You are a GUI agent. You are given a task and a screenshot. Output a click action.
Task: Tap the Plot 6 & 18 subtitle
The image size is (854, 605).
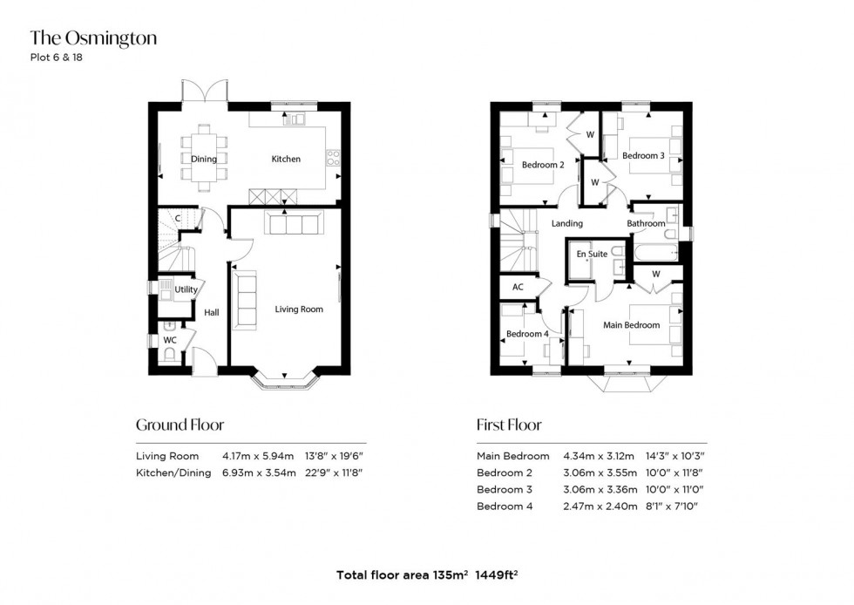click(57, 58)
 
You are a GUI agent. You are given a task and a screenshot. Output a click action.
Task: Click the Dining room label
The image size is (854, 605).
click(204, 160)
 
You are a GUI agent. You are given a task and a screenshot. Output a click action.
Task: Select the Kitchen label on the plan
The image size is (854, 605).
click(286, 160)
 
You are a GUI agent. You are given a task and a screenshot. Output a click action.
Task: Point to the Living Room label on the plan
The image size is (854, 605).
click(299, 309)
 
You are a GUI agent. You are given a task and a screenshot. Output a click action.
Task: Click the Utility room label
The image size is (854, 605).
click(186, 289)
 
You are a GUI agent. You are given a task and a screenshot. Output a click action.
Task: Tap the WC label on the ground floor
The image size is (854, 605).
click(170, 340)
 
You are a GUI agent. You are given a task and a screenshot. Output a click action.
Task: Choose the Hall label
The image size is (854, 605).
click(212, 312)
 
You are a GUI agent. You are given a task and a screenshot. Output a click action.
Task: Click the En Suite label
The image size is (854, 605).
click(592, 255)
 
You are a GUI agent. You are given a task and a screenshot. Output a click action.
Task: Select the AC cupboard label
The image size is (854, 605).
click(518, 286)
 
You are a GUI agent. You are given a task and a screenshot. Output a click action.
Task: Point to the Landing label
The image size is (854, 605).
click(567, 224)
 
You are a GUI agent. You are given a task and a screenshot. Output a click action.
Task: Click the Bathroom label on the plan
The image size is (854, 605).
click(646, 224)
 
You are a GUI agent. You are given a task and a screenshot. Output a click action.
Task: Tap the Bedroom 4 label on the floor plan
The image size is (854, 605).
click(528, 334)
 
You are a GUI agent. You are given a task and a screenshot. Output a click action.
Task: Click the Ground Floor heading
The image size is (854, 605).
click(180, 425)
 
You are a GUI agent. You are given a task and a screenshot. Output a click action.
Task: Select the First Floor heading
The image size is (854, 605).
click(509, 425)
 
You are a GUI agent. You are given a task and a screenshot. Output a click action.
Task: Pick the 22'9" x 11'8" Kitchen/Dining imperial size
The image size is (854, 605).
click(329, 472)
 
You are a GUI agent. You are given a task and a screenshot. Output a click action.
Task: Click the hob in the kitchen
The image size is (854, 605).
click(332, 159)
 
